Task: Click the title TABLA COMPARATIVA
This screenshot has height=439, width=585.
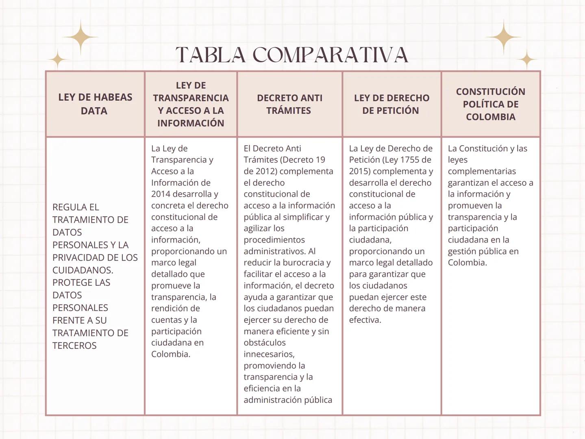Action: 292,55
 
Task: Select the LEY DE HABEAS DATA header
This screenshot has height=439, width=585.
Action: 95,104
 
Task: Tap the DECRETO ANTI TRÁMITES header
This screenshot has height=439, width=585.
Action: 289,104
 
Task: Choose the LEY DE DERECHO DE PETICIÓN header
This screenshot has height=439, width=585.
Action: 391,104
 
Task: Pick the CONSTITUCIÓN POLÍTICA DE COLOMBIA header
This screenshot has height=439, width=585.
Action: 490,104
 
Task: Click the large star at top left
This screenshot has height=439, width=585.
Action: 80,37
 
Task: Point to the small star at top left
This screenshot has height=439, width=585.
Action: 58,60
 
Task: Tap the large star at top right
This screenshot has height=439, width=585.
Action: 503,37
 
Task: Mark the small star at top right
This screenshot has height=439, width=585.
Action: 527,60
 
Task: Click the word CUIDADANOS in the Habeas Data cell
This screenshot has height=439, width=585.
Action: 83,270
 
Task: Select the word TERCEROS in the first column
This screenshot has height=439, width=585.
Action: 74,346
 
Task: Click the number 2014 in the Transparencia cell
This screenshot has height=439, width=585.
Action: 161,194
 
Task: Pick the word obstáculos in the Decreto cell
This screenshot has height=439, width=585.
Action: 265,343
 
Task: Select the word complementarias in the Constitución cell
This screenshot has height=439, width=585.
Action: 482,171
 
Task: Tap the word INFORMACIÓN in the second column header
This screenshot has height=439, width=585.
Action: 191,123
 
